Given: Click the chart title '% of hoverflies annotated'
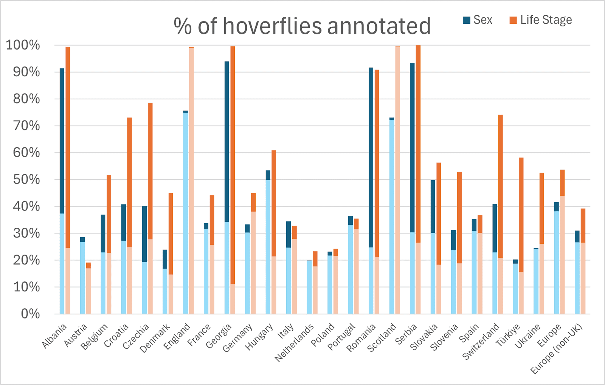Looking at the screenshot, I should pyautogui.click(x=302, y=26).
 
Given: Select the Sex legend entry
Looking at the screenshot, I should pyautogui.click(x=478, y=20).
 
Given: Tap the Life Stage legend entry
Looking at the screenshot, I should pyautogui.click(x=541, y=20).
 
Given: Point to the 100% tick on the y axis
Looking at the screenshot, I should pyautogui.click(x=23, y=45).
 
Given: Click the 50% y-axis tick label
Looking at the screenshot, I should pyautogui.click(x=26, y=179).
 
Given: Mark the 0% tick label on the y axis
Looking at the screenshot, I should pyautogui.click(x=30, y=314).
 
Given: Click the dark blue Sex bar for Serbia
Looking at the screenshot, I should pyautogui.click(x=412, y=147).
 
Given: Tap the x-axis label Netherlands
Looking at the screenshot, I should pyautogui.click(x=295, y=342).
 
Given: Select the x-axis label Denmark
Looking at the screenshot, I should pyautogui.click(x=155, y=338).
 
